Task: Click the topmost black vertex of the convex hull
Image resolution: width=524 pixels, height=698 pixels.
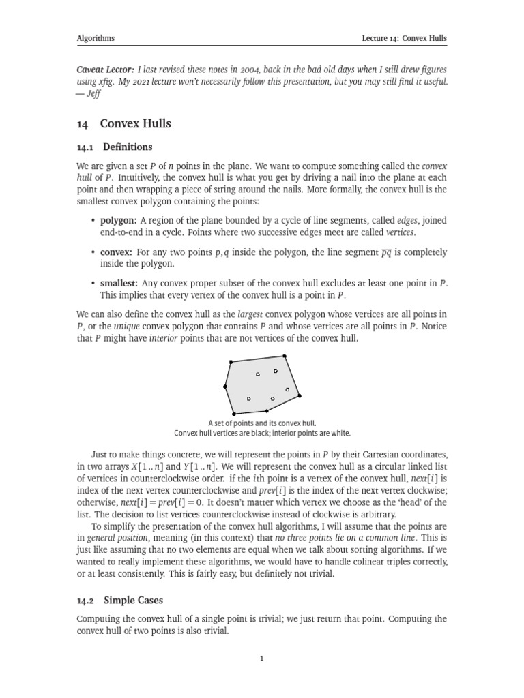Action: (284, 356)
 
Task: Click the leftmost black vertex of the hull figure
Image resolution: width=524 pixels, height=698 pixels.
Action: (225, 386)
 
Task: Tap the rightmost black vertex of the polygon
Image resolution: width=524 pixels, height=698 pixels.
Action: (300, 395)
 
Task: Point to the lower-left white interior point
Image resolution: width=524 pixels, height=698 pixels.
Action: (249, 398)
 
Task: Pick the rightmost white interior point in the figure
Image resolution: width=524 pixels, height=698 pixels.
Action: (287, 389)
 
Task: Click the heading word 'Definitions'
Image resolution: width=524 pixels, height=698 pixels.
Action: (128, 147)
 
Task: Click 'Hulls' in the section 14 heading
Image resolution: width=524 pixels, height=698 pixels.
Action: (155, 123)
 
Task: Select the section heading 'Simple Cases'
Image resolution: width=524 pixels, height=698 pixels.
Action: (133, 601)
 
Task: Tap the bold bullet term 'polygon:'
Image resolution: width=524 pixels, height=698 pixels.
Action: (119, 220)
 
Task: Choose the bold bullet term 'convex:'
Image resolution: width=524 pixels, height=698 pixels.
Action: (117, 252)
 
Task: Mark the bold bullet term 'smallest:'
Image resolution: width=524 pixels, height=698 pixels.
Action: (119, 284)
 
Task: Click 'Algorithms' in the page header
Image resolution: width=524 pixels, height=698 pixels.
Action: (96, 39)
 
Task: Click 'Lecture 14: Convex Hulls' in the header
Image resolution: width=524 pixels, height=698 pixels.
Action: (404, 39)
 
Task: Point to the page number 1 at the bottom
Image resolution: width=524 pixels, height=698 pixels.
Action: (262, 658)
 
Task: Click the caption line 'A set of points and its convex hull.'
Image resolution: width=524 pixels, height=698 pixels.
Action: (262, 423)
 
